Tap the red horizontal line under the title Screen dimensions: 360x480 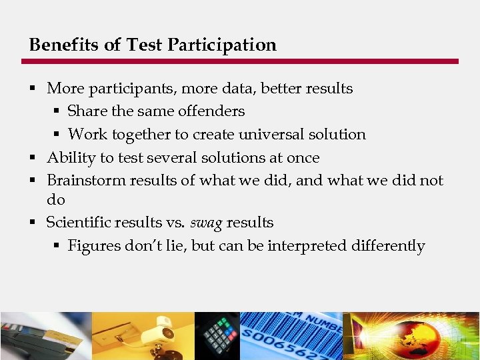[240, 61]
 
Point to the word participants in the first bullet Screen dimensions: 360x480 [126, 89]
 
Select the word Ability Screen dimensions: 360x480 [69, 158]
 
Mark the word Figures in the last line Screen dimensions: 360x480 [94, 246]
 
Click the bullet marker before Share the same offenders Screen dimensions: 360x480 [57, 111]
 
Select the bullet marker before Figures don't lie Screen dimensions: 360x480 [57, 246]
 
